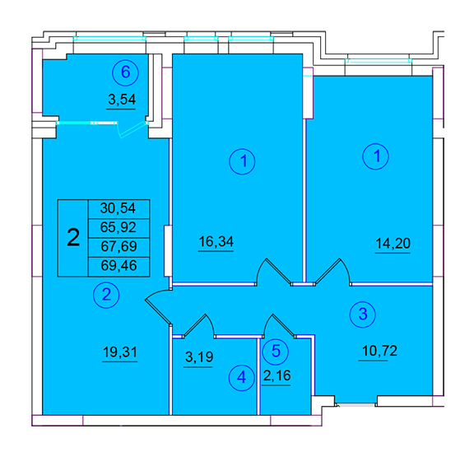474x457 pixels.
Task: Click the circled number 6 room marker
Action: [125, 72]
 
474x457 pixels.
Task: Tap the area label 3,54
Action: [122, 100]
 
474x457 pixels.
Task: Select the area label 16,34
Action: [216, 241]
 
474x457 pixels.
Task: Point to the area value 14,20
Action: [393, 243]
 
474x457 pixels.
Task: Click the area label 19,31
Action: [120, 352]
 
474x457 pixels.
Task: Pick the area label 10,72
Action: [379, 351]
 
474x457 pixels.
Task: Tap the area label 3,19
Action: [199, 357]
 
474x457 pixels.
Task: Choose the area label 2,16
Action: [276, 376]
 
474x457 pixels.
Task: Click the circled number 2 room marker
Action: [106, 295]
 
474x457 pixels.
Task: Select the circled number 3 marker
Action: [362, 315]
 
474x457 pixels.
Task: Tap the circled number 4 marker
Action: [242, 377]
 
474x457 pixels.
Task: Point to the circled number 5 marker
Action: [276, 351]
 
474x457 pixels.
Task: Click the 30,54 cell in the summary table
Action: [118, 208]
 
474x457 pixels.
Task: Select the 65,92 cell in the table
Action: [118, 228]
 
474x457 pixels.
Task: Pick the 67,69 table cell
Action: [118, 247]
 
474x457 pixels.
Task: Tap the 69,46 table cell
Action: [118, 266]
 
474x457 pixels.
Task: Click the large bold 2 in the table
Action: [73, 238]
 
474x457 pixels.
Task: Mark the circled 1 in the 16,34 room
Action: [242, 161]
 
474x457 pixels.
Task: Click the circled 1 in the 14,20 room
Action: [376, 156]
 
